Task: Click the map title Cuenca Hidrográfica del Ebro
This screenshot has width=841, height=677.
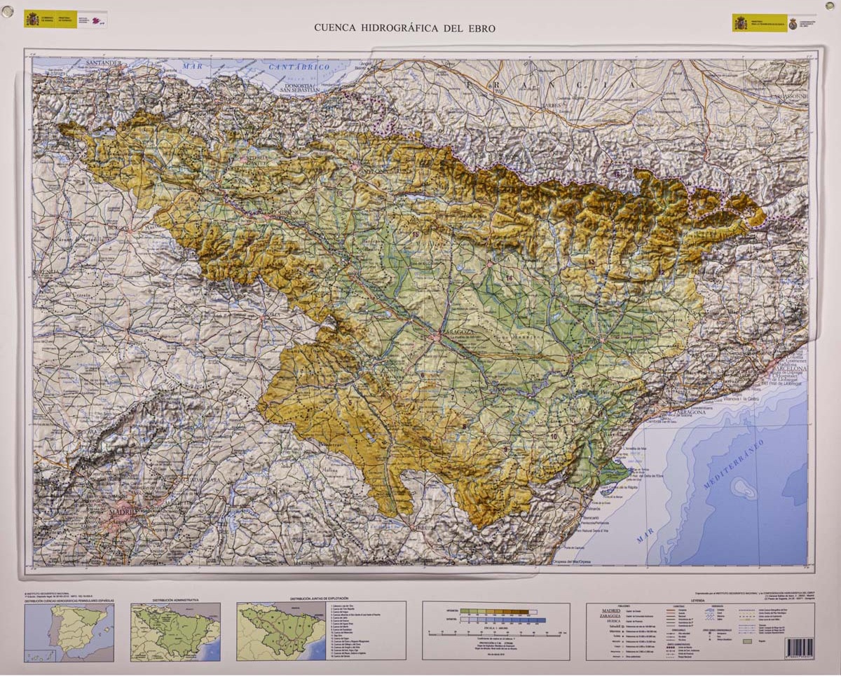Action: coord(404,29)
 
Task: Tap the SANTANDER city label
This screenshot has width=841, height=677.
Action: coord(104,63)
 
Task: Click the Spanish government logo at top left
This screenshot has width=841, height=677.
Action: coord(50,19)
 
